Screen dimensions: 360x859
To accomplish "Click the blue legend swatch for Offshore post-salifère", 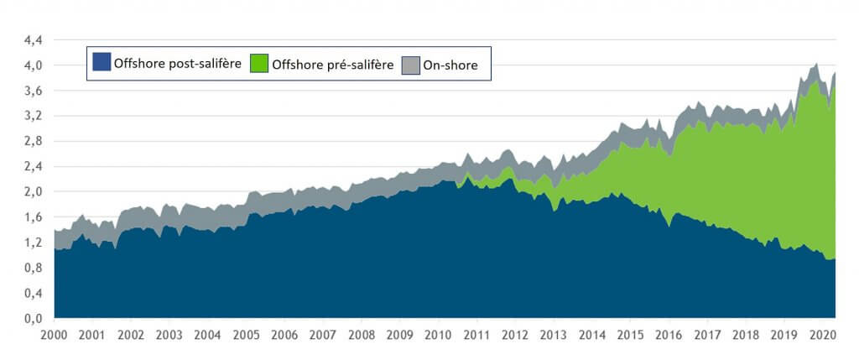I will tap(101, 62).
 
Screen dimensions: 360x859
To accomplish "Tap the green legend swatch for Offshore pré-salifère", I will tap(259, 62).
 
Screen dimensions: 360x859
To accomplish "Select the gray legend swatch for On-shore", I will tap(411, 62).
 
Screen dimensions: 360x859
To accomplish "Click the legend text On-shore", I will tap(451, 63).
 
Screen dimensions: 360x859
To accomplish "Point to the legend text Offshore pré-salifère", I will tap(333, 63).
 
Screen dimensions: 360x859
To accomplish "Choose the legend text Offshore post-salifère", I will tap(176, 63).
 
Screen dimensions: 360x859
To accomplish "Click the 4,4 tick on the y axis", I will tap(34, 39).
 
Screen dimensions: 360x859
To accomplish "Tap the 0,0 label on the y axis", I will tap(34, 319).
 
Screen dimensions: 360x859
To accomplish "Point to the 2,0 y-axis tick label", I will tap(34, 192).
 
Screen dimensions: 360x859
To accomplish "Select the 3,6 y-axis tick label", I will tap(34, 91).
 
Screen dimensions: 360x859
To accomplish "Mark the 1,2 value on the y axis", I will tap(34, 243).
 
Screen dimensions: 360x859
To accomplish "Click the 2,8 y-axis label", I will tap(34, 141).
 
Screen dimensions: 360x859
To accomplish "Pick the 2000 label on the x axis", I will tap(54, 335).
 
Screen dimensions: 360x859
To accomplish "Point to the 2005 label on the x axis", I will tap(246, 335).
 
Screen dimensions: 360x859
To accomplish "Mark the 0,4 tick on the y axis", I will tap(34, 294).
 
